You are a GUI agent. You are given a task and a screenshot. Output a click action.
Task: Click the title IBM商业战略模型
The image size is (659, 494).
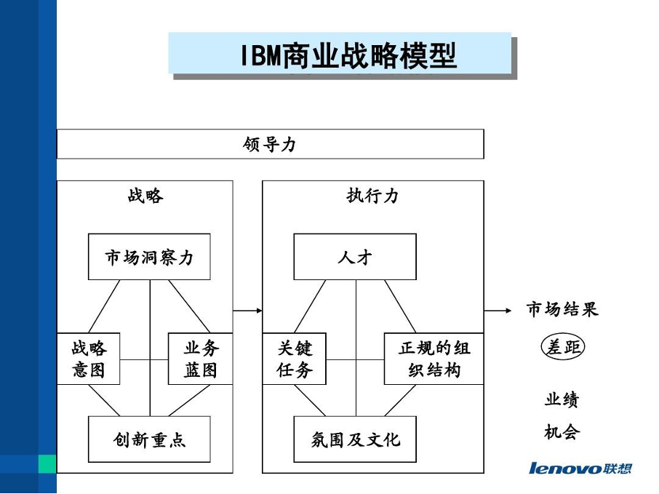tap(348, 55)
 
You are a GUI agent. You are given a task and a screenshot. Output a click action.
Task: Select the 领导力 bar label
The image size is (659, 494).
tap(269, 144)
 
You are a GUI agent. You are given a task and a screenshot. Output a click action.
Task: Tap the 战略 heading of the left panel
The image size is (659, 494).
tap(145, 196)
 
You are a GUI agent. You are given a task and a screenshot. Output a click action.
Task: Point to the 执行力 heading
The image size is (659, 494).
tap(372, 196)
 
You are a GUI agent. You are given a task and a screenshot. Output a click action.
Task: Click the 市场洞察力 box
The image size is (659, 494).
tap(149, 257)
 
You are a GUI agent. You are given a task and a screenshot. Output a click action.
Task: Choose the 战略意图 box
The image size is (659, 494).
tap(88, 359)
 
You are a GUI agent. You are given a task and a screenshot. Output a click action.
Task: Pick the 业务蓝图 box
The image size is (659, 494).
tap(201, 359)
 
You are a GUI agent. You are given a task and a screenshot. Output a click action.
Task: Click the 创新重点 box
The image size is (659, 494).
tap(149, 439)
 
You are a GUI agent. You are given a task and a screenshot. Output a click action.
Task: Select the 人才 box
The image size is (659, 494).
tap(355, 257)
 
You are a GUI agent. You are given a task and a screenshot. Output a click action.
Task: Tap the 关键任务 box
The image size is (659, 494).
tap(294, 359)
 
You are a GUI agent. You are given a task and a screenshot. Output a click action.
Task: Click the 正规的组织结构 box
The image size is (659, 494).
tap(434, 359)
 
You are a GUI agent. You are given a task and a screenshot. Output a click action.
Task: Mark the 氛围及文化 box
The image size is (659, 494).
tap(355, 439)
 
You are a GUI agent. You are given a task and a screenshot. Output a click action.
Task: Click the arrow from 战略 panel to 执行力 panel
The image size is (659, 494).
tap(247, 311)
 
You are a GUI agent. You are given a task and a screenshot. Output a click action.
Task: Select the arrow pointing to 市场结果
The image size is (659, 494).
tap(498, 311)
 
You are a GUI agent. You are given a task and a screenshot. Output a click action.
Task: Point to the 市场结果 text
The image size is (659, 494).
tap(562, 309)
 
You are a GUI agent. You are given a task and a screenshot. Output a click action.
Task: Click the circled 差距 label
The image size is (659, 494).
tap(563, 347)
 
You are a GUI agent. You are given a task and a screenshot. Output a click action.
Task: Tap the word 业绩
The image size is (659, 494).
tap(562, 399)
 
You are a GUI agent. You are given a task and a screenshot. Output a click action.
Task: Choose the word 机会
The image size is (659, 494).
tap(562, 431)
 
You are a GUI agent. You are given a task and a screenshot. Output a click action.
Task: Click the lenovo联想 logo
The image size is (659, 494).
tap(580, 468)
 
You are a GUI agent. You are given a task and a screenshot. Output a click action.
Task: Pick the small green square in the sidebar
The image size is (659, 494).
tap(47, 463)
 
